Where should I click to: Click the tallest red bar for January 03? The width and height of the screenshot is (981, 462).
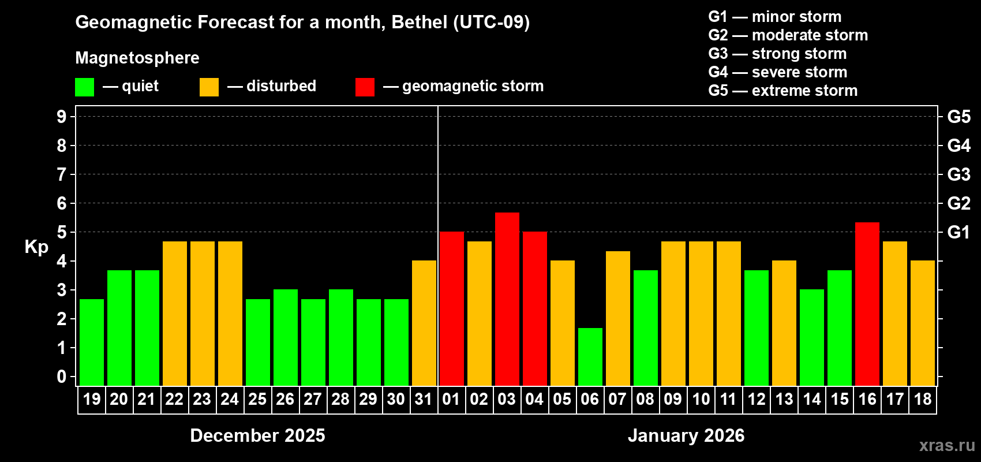pyautogui.click(x=507, y=299)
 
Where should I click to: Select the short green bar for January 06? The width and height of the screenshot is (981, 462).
pyautogui.click(x=590, y=357)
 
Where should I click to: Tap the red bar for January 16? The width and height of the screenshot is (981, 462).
pyautogui.click(x=867, y=304)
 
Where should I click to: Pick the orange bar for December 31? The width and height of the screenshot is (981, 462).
pyautogui.click(x=424, y=323)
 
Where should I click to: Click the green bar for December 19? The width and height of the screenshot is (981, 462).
pyautogui.click(x=91, y=342)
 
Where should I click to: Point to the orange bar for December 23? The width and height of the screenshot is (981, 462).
pyautogui.click(x=202, y=313)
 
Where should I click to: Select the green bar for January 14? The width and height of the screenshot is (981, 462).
pyautogui.click(x=811, y=337)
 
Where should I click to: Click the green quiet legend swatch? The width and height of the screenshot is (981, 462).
pyautogui.click(x=84, y=87)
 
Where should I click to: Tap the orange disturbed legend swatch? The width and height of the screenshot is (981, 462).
pyautogui.click(x=209, y=87)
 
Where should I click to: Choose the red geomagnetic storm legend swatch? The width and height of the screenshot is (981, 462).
pyautogui.click(x=365, y=87)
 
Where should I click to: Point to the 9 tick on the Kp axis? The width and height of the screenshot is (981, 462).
pyautogui.click(x=62, y=117)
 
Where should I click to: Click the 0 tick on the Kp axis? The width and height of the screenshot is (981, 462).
pyautogui.click(x=62, y=377)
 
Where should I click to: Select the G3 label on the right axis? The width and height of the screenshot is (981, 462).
pyautogui.click(x=958, y=174)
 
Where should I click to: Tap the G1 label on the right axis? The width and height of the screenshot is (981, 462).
pyautogui.click(x=958, y=232)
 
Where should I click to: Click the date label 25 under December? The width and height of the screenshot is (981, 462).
pyautogui.click(x=257, y=399)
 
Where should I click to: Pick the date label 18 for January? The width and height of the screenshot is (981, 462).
pyautogui.click(x=922, y=399)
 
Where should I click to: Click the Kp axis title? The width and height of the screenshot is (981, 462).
pyautogui.click(x=36, y=247)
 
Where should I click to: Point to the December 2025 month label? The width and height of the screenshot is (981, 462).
pyautogui.click(x=257, y=435)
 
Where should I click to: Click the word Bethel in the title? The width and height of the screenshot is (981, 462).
pyautogui.click(x=420, y=22)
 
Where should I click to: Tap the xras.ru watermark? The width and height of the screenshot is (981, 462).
pyautogui.click(x=947, y=445)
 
